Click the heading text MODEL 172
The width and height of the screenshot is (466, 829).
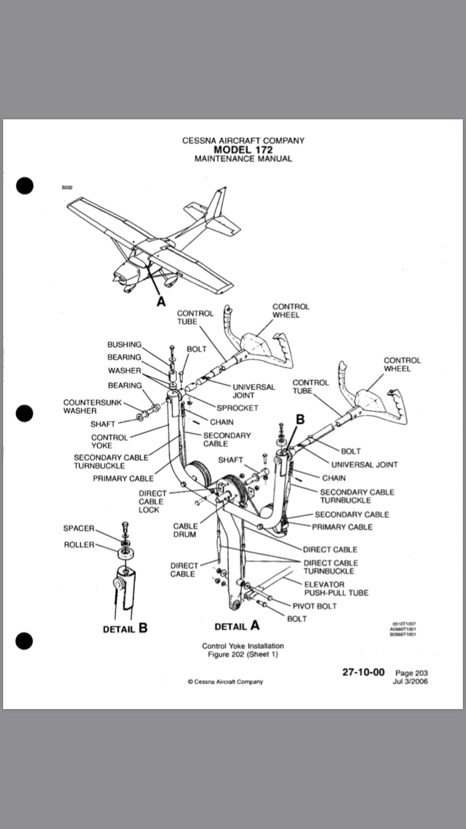click(243, 150)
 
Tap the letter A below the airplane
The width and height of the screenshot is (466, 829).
click(161, 301)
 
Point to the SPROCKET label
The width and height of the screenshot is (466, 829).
click(237, 408)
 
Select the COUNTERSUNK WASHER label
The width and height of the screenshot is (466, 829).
click(88, 406)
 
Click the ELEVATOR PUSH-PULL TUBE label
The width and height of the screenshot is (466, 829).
click(336, 589)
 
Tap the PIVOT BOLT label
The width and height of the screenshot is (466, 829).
click(315, 606)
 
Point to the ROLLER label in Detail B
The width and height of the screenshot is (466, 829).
click(79, 545)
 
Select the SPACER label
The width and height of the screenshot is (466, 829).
click(78, 528)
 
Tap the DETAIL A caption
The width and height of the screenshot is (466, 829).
click(237, 626)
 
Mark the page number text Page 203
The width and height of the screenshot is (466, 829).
click(411, 673)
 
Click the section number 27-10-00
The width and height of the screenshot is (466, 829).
click(363, 672)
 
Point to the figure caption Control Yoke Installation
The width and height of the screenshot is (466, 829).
click(243, 646)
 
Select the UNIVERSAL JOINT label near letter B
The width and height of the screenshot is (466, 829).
click(364, 464)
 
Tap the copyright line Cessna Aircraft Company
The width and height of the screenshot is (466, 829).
click(225, 682)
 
